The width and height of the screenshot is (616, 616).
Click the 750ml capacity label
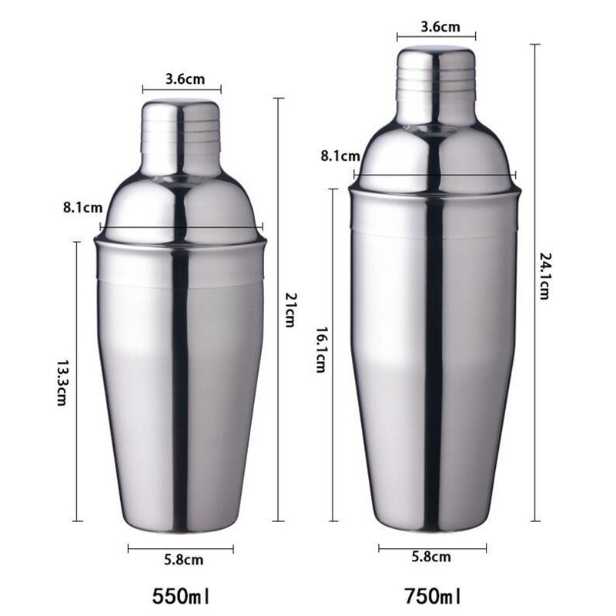pos(433,595)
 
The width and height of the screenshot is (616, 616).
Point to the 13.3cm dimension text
pos(62,382)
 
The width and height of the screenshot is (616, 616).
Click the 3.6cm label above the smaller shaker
pos(182,78)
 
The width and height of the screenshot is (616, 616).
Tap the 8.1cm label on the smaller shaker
pos(83,207)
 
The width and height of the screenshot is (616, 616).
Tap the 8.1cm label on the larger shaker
pos(340,156)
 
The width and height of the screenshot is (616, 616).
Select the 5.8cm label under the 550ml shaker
pos(183,560)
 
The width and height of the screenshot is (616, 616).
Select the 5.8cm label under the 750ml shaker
pos(431,557)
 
